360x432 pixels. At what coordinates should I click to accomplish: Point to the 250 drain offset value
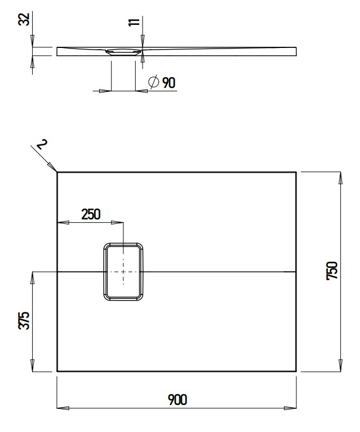point(90,214)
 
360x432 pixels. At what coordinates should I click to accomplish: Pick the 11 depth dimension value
point(134,22)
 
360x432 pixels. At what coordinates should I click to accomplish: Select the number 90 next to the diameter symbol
point(168,83)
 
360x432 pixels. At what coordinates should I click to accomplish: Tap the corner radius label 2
point(41,146)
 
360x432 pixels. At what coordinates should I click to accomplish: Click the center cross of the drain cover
point(123,271)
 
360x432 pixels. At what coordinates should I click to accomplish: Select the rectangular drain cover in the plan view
point(123,271)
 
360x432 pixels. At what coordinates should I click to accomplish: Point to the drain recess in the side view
point(123,51)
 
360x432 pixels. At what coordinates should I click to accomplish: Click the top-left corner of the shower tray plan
point(57,172)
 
